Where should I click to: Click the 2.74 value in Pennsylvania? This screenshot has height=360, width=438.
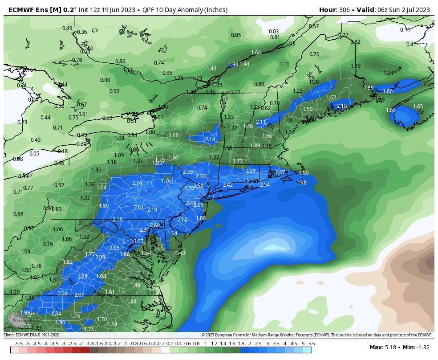click(x=137, y=183)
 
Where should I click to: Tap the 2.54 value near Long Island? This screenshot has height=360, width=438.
click(x=264, y=185)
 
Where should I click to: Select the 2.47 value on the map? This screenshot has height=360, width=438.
click(x=280, y=172)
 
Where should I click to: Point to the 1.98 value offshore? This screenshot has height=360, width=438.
click(x=301, y=183)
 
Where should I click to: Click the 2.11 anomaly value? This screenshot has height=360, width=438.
click(x=261, y=122)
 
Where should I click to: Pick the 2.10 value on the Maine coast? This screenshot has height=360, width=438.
click(x=342, y=106)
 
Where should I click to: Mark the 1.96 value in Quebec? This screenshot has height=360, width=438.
click(x=233, y=65)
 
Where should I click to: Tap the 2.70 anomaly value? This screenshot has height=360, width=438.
click(x=189, y=188)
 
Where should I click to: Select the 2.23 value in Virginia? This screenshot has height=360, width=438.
click(x=82, y=277)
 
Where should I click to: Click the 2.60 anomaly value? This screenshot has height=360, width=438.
click(x=155, y=225)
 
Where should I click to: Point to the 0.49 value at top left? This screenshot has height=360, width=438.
click(x=67, y=29)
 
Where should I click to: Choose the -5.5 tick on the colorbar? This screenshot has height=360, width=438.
click(x=19, y=344)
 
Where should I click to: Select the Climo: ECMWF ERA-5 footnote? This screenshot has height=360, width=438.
click(x=31, y=335)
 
